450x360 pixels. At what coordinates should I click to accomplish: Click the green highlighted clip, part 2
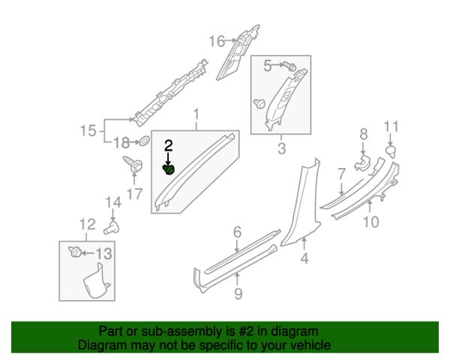point(169,169)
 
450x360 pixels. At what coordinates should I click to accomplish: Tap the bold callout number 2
point(169,145)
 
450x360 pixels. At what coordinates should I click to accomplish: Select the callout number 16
point(217,41)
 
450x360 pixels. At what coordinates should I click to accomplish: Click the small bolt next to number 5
point(289,67)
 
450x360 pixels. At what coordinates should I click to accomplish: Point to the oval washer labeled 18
point(144,141)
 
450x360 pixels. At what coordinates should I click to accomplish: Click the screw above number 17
point(133,164)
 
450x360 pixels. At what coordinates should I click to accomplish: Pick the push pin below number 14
point(112,228)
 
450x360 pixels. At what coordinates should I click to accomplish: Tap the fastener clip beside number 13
point(75,252)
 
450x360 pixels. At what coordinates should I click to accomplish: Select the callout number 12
point(87,224)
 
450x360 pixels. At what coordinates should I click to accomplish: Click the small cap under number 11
point(391,151)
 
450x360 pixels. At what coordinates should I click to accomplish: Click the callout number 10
point(370,222)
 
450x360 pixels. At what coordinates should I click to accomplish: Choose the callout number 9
point(238,293)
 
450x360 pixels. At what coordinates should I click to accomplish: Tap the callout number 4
point(304,258)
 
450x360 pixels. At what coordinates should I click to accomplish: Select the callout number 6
point(237,232)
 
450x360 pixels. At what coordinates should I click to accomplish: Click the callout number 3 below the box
point(281,148)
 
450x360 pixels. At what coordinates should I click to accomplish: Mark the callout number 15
point(88,130)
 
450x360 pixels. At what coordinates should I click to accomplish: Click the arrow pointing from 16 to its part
point(230,40)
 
